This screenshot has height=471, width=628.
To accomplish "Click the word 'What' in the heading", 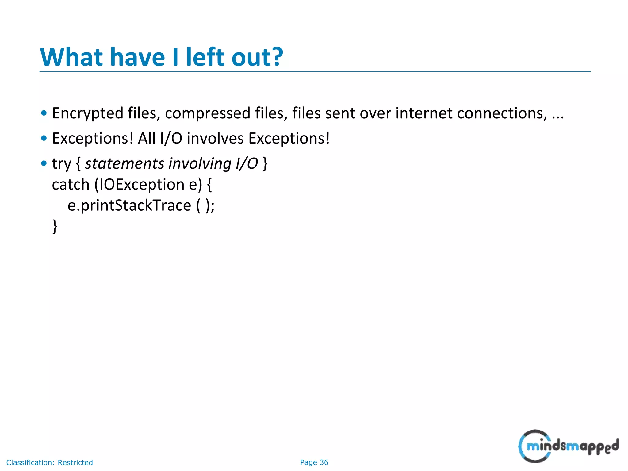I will coord(71,57).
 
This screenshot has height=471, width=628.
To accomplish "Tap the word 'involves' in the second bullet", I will coord(215,138).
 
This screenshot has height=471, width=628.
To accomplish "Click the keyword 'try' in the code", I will coord(61,164).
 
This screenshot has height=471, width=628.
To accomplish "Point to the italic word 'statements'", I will coord(124,163).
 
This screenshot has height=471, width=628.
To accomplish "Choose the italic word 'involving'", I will coord(200,163).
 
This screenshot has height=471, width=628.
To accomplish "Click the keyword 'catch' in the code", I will coord(71,184).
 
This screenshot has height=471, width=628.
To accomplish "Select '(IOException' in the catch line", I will coord(139,185).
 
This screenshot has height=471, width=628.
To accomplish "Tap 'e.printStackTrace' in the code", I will coord(129,205).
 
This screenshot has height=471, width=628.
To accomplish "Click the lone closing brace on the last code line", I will coord(55,226).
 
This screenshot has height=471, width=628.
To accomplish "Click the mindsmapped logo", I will coord(568,446).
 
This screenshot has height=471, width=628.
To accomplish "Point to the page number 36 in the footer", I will coord(324,462).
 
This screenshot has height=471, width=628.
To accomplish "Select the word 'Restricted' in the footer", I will coord(75,462).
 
